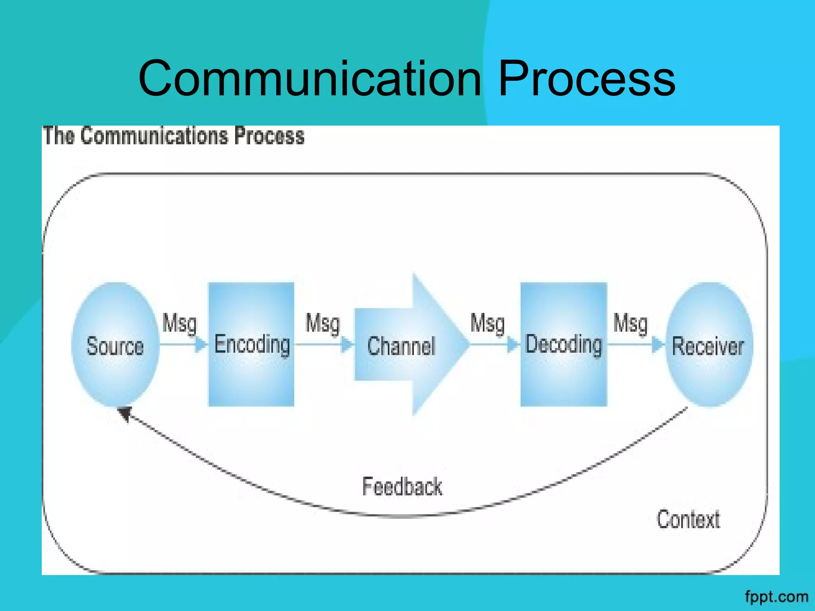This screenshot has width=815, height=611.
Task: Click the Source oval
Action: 115,344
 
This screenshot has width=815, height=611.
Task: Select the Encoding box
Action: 251,344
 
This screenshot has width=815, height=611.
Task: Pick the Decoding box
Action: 563,344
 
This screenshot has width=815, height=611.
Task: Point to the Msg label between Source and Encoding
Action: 179,323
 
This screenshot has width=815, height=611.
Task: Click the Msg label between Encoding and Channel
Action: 322,323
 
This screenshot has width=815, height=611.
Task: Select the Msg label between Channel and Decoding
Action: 487,323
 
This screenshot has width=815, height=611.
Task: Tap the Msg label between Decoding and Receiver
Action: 630,323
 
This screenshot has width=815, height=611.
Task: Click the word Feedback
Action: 402,486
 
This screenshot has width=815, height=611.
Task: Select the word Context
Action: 688,520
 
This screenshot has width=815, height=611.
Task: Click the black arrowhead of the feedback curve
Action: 125,414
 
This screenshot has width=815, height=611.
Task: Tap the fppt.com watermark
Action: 776,597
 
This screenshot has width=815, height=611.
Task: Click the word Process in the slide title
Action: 587,78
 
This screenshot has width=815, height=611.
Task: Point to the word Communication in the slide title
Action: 310,78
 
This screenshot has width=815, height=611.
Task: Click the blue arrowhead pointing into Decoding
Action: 513,344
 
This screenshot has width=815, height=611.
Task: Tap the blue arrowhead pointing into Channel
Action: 347,344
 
